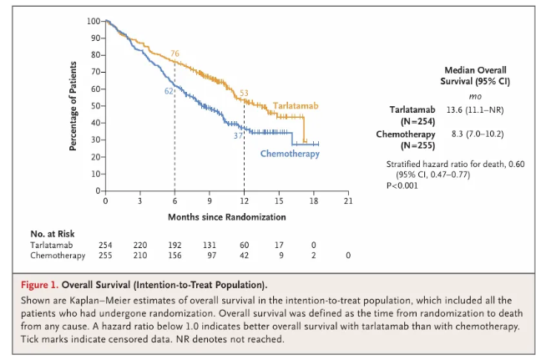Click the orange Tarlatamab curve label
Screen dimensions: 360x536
tap(296, 107)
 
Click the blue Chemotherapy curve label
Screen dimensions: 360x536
tap(289, 154)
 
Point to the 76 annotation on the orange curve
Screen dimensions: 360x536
tap(175, 53)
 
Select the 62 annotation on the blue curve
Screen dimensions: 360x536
tap(168, 90)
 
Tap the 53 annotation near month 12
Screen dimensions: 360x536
tap(245, 93)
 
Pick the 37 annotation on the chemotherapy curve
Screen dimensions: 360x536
tap(238, 134)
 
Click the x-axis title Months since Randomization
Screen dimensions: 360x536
tap(226, 217)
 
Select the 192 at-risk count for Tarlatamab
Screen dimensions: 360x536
tap(174, 246)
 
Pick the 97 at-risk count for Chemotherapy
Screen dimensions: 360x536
tap(210, 255)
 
